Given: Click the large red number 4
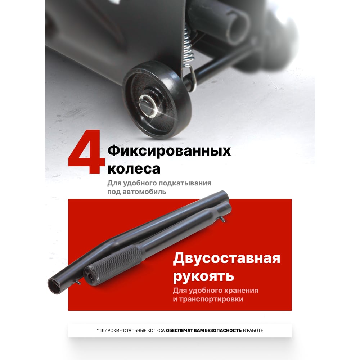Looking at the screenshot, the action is coord(86,152).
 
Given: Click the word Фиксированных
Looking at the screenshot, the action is coord(169,152).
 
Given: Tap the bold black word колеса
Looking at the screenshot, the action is coord(134,169).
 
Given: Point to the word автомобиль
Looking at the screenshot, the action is coord(144,192).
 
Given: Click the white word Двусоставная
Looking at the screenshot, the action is coord(226,258).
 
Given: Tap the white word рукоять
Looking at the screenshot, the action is coord(203,276).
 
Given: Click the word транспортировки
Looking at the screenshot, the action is coord(211,299).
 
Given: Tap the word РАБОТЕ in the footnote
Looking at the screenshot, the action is coord(255,330).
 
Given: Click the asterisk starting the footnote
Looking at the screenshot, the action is coord(98,330).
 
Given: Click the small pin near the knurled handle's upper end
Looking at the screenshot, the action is coord(223,219).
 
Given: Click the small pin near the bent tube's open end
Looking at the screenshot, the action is coord(78,282).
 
